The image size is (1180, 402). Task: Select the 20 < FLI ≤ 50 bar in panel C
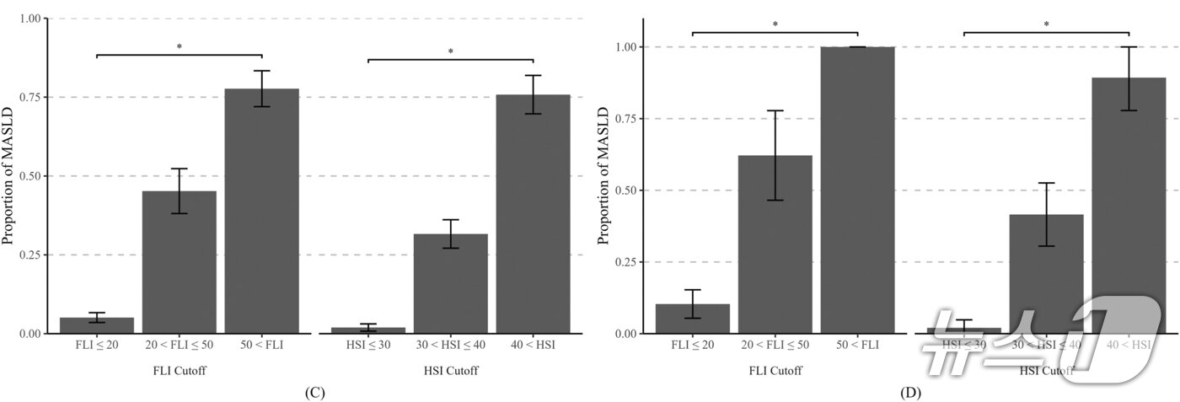(x=179, y=262)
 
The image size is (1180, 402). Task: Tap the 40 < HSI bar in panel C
(x=533, y=214)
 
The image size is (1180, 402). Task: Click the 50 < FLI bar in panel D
(x=857, y=190)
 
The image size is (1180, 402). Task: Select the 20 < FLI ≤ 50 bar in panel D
(x=775, y=244)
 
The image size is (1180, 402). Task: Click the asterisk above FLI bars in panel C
(x=180, y=47)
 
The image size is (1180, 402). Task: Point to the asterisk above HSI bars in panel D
(x=1046, y=24)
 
